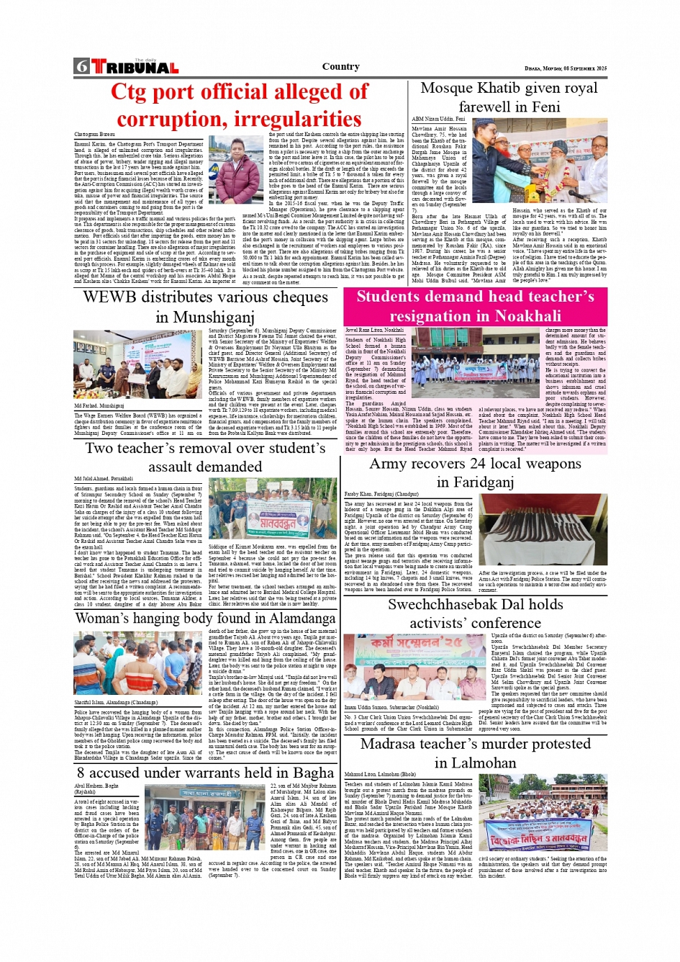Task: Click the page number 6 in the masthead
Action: click(81, 67)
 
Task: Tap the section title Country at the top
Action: click(340, 66)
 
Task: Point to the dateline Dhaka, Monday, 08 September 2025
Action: click(566, 68)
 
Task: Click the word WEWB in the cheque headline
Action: click(109, 297)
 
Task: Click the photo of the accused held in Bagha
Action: click(206, 817)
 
